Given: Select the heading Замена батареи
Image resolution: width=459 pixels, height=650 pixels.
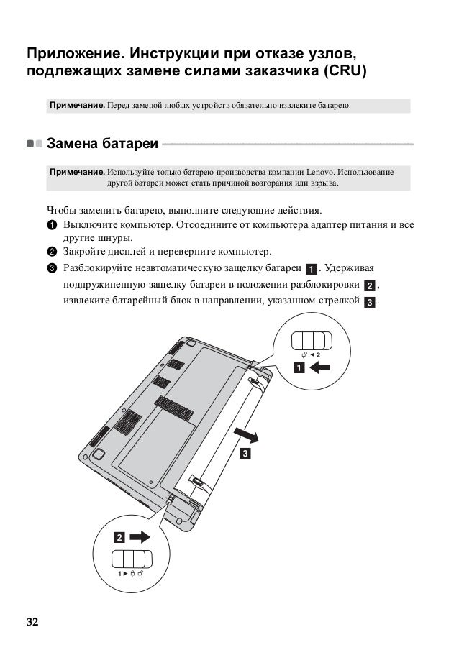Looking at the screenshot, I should pyautogui.click(x=102, y=144).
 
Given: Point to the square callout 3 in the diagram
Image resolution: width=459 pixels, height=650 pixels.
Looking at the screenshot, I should pyautogui.click(x=246, y=454).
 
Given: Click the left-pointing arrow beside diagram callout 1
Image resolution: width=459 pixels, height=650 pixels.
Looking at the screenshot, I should pyautogui.click(x=319, y=369).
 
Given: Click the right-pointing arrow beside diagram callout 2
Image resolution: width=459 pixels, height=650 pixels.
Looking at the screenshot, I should pyautogui.click(x=140, y=536).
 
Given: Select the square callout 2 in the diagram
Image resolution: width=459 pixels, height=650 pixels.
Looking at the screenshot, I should pyautogui.click(x=118, y=537).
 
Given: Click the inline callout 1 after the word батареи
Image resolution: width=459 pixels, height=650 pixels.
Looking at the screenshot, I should pyautogui.click(x=310, y=270).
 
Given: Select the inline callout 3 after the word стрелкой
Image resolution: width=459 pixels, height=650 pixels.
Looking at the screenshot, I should pyautogui.click(x=369, y=302).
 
